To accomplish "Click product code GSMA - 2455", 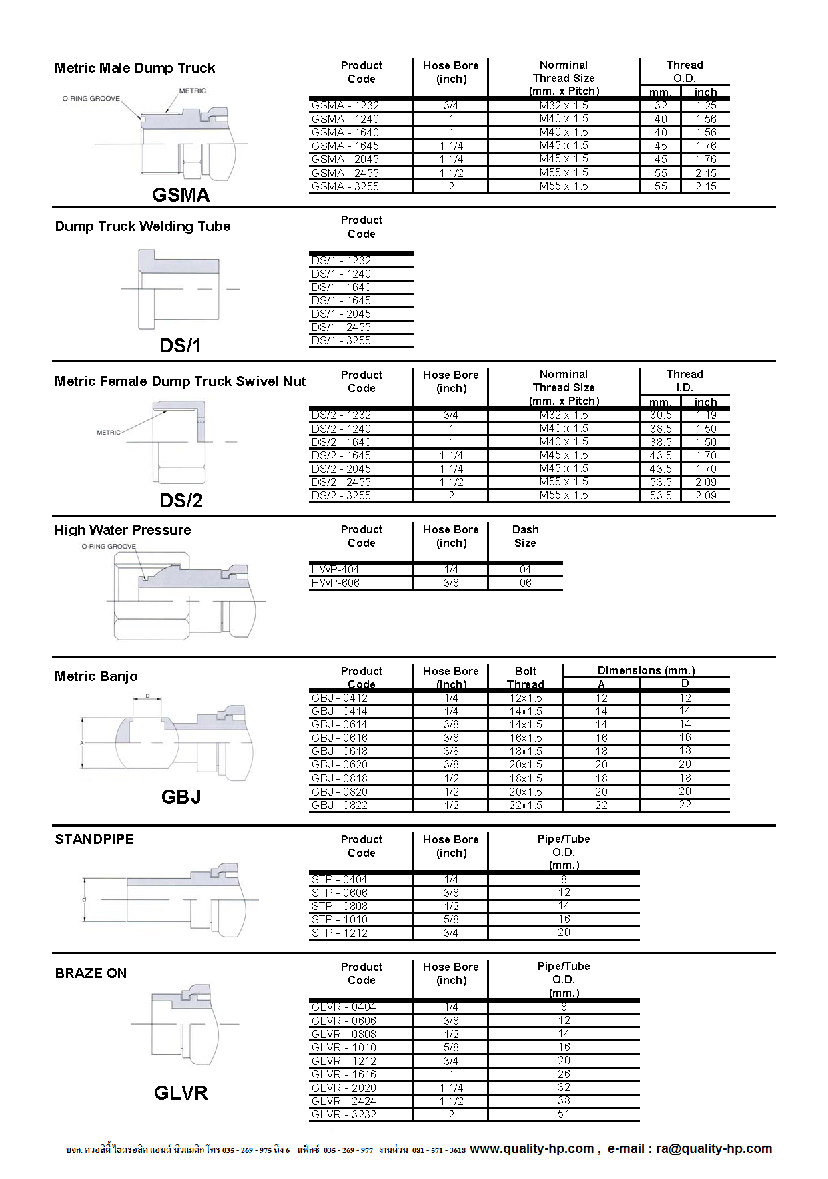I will (x=345, y=173).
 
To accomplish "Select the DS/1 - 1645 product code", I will (x=341, y=300).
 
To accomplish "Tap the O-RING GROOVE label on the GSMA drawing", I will (x=91, y=99).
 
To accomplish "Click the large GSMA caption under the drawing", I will (x=181, y=195).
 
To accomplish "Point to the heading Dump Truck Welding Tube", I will (x=143, y=226).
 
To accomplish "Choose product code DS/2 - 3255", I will (x=341, y=495).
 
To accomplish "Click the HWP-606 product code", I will (x=335, y=583).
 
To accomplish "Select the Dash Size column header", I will (x=525, y=536).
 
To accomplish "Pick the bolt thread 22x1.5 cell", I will (x=526, y=805).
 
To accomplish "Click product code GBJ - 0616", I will (x=340, y=738).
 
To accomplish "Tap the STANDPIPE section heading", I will (x=94, y=839).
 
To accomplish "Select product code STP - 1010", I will (x=340, y=919).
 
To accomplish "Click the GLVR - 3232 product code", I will (x=344, y=1114).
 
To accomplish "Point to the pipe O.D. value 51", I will (x=564, y=1114).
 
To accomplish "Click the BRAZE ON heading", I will (x=91, y=973).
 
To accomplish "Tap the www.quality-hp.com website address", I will (x=532, y=1148).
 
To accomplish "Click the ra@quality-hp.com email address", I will (x=713, y=1148).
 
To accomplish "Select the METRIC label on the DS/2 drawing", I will (x=109, y=433).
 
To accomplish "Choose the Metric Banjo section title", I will (x=96, y=676).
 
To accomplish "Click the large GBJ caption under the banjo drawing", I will (x=181, y=797).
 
